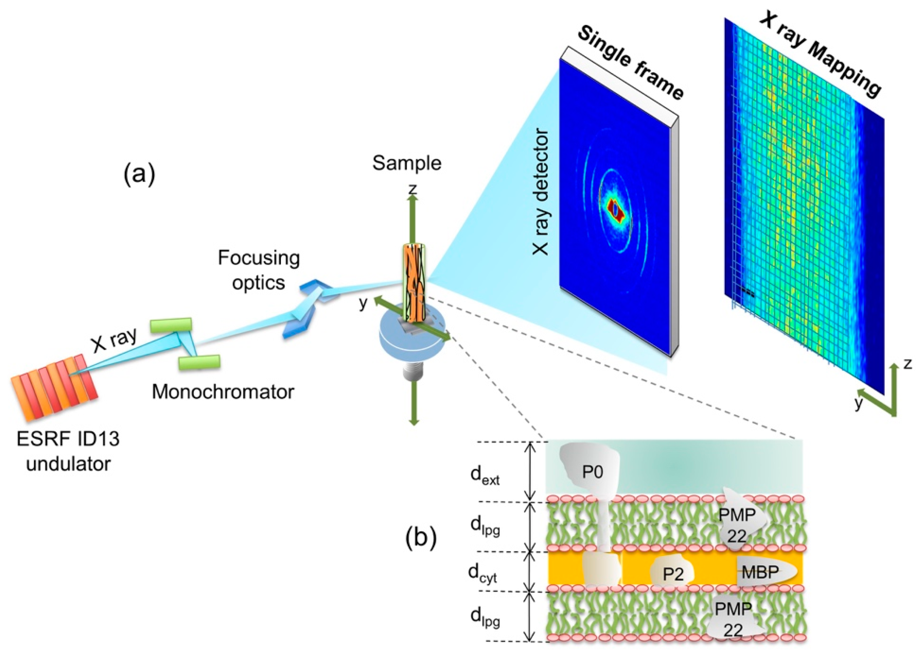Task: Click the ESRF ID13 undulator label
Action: coord(68,451)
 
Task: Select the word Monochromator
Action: coord(223,392)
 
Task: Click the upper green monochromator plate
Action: coord(171,326)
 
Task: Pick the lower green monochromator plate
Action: coord(199,362)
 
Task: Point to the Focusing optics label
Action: coord(259,270)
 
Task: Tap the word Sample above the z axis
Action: coord(407,163)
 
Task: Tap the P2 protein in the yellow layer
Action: coord(673,574)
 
